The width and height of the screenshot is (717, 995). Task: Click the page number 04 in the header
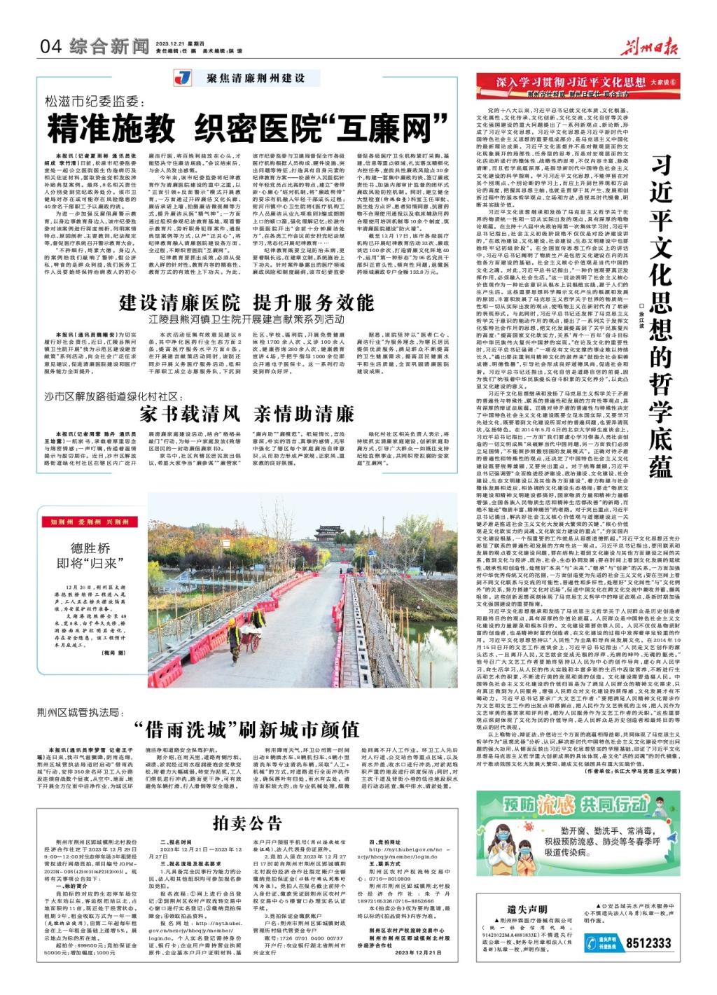pos(52,47)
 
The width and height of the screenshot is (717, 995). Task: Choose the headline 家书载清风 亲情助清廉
pos(246,412)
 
